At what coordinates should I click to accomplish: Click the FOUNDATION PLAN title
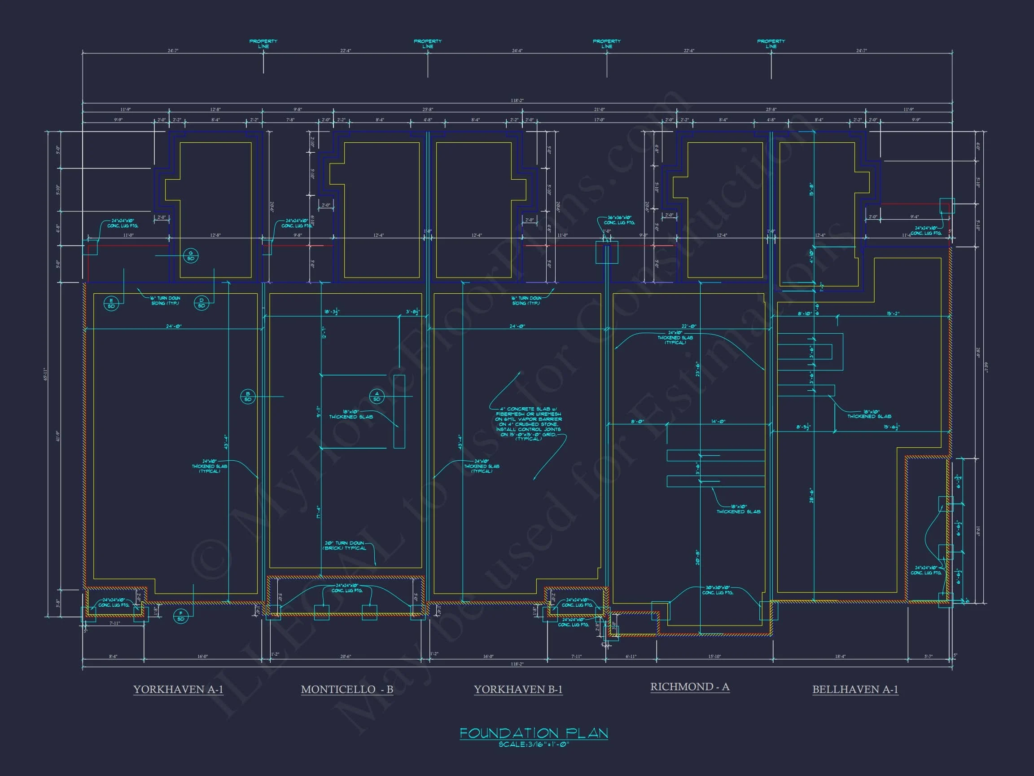click(x=533, y=733)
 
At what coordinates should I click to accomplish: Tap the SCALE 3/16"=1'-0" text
click(x=533, y=744)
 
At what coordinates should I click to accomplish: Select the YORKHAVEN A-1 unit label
click(x=178, y=689)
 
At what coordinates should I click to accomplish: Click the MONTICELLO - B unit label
click(x=347, y=689)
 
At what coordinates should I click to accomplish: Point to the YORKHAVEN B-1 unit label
click(x=518, y=689)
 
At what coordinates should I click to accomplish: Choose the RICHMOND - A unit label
click(x=689, y=687)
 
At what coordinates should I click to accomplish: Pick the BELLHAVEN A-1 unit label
click(x=855, y=689)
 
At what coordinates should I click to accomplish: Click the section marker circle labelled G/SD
click(x=191, y=256)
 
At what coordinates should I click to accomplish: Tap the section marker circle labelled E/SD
click(x=111, y=304)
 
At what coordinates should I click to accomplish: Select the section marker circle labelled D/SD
click(x=202, y=303)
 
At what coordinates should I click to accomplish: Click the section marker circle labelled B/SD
click(x=248, y=396)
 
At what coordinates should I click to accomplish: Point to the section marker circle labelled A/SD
click(x=377, y=396)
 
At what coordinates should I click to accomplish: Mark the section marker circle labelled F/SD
click(x=181, y=616)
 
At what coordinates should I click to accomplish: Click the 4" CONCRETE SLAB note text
click(x=528, y=424)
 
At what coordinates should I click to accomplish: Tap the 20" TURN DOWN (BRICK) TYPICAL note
click(x=345, y=545)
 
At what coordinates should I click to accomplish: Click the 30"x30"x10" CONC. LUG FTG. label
click(x=718, y=590)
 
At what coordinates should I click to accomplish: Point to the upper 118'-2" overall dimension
click(x=517, y=100)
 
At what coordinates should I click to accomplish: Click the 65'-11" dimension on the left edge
click(x=46, y=374)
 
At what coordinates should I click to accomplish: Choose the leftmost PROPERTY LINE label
click(x=263, y=44)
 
